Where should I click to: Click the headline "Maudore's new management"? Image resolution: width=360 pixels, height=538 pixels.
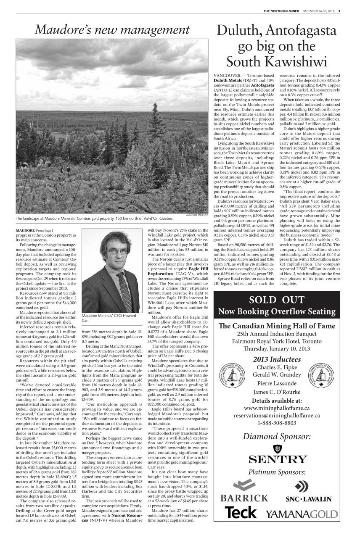[x=112, y=30]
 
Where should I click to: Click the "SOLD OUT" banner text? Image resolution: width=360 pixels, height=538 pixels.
[x=276, y=300]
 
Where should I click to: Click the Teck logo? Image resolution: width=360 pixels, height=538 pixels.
[x=240, y=512]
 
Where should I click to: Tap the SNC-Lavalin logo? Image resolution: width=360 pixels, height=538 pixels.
[x=309, y=494]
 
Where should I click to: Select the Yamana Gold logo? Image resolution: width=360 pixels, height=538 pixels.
[x=301, y=513]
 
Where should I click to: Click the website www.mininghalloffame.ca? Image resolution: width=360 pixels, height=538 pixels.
[x=277, y=408]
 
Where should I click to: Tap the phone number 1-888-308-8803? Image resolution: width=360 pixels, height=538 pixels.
[x=277, y=423]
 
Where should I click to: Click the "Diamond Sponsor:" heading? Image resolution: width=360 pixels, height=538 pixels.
[x=277, y=436]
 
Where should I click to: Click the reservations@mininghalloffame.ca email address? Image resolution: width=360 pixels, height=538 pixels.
[x=277, y=416]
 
